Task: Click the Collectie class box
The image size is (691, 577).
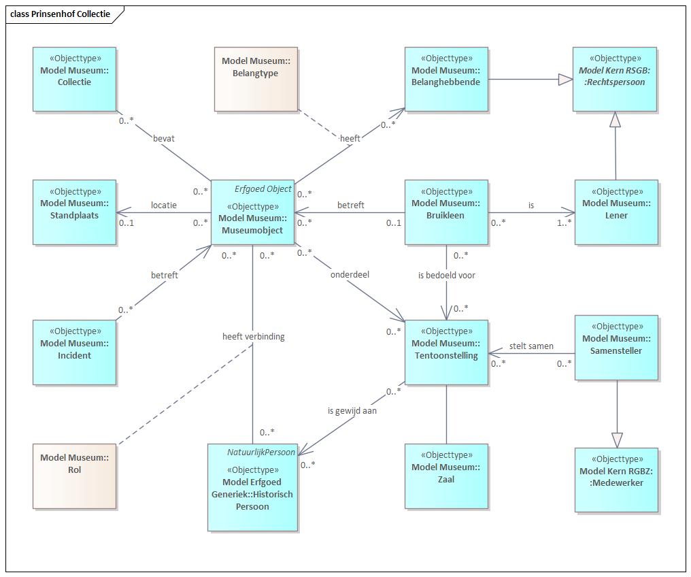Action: click(75, 80)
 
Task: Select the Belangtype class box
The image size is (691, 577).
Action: click(256, 80)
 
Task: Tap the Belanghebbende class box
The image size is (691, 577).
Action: click(446, 80)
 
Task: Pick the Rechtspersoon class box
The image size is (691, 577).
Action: click(615, 80)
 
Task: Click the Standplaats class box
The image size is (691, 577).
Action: click(75, 212)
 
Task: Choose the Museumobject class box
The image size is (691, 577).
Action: click(252, 212)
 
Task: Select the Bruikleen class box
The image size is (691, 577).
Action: click(446, 212)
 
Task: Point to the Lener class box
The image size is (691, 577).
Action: click(616, 212)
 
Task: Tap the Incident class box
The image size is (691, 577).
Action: click(75, 352)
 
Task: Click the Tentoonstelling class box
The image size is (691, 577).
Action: click(446, 352)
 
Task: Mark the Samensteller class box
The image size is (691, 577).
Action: click(616, 348)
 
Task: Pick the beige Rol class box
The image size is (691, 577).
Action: click(75, 476)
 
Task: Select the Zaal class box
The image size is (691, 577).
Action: click(446, 476)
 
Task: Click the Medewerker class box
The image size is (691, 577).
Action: click(616, 480)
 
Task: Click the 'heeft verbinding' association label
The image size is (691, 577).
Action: click(254, 337)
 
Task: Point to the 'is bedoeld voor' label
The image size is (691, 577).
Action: click(446, 276)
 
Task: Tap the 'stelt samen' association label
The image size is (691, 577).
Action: click(531, 346)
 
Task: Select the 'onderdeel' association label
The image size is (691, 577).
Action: click(350, 275)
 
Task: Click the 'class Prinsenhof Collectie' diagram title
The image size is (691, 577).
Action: click(60, 14)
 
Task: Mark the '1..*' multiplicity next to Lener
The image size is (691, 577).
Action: click(564, 223)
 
